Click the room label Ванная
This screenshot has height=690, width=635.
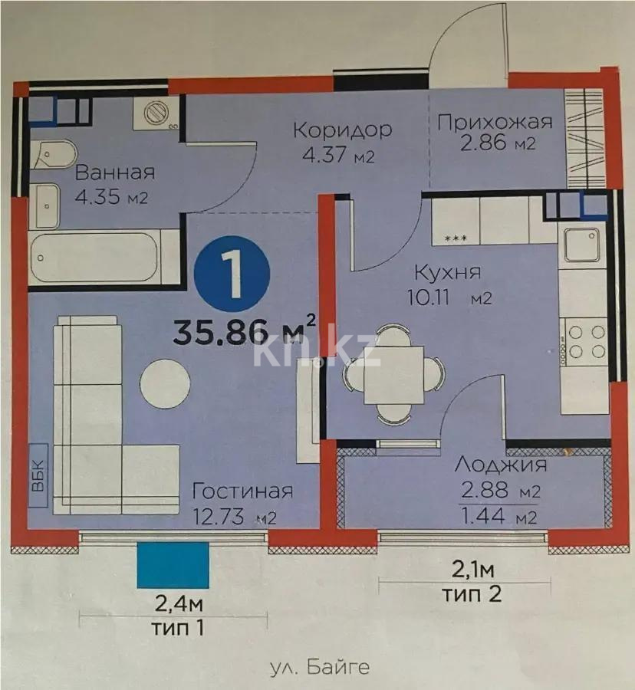pyautogui.click(x=115, y=172)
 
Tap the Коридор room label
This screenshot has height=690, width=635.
pyautogui.click(x=342, y=129)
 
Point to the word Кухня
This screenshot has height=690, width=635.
pyautogui.click(x=446, y=272)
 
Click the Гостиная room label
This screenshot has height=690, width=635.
pyautogui.click(x=242, y=491)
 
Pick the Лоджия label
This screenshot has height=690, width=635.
pyautogui.click(x=500, y=465)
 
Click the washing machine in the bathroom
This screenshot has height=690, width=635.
pyautogui.click(x=158, y=113)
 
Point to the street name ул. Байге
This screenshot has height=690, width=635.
pyautogui.click(x=320, y=667)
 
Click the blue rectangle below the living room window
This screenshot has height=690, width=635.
pyautogui.click(x=173, y=566)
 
